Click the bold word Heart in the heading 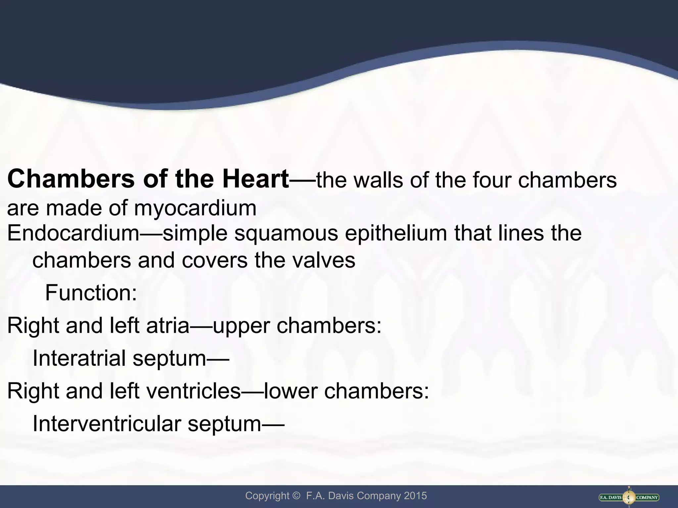(x=256, y=179)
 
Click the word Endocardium (x=73, y=233)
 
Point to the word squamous (x=286, y=233)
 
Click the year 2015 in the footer (x=415, y=496)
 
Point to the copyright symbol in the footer (x=296, y=496)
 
